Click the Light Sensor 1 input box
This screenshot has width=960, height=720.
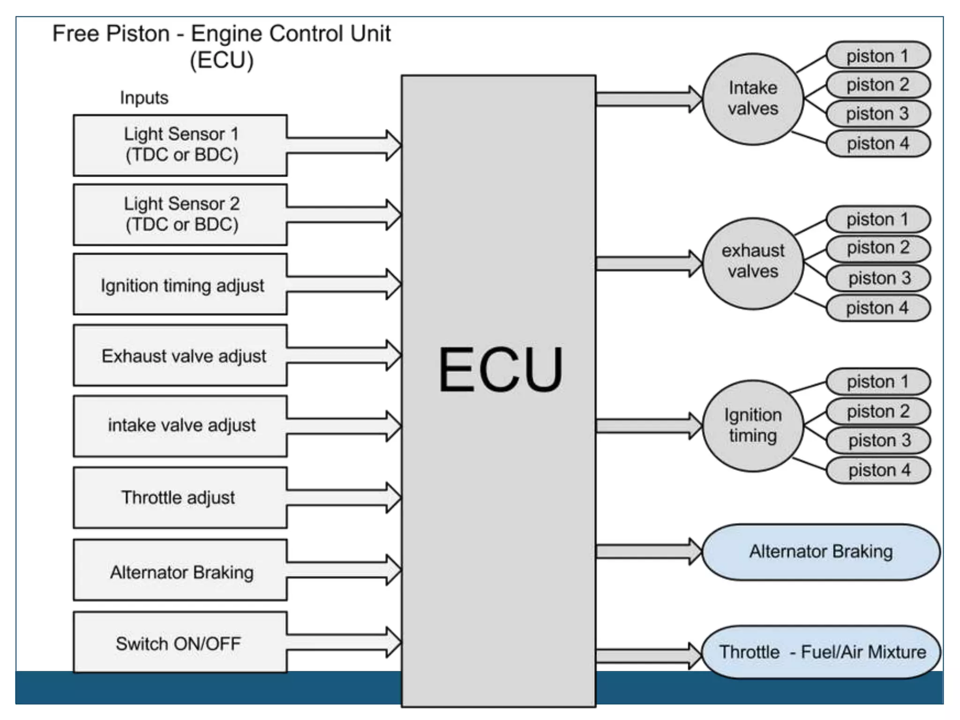(x=180, y=145)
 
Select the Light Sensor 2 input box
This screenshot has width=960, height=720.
(x=180, y=214)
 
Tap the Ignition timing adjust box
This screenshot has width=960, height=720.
(x=180, y=285)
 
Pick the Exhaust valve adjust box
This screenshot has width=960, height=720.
(x=180, y=355)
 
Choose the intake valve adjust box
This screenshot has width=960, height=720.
(x=180, y=426)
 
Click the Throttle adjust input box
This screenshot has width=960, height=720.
(x=180, y=497)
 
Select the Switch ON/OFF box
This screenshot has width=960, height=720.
(x=180, y=643)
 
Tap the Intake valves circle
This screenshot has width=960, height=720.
(x=753, y=99)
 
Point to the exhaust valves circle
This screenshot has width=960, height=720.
(x=753, y=262)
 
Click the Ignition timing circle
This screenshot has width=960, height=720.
(x=753, y=426)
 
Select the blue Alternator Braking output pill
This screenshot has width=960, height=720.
(x=820, y=552)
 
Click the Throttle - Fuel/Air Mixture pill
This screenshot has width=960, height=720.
(x=821, y=652)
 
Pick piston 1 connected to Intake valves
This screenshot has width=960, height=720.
(x=877, y=55)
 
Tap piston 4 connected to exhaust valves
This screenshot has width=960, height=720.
(x=877, y=308)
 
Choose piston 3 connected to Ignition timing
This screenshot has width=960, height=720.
(x=878, y=440)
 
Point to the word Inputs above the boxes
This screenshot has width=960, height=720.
(x=144, y=97)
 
